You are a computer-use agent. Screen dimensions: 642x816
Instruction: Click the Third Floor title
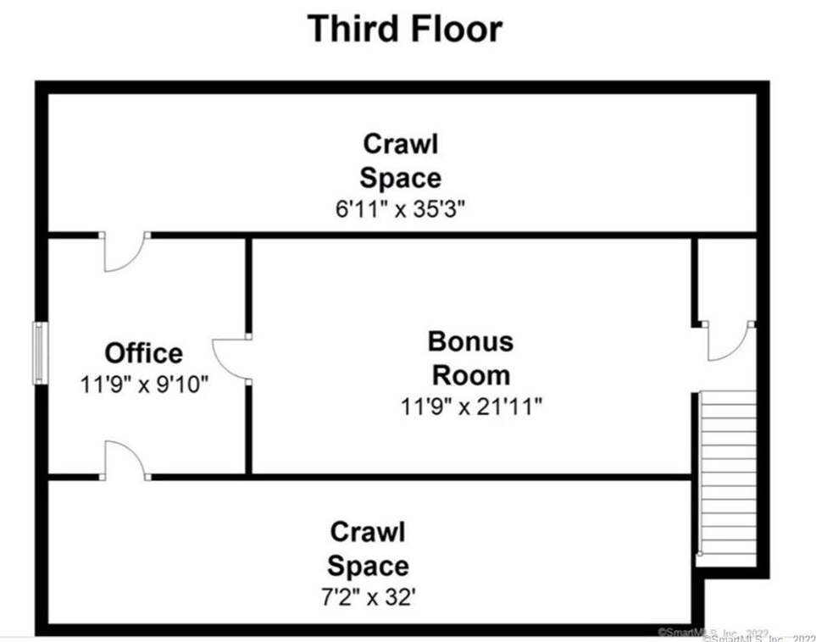pos(404,28)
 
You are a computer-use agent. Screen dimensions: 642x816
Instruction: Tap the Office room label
pos(143,352)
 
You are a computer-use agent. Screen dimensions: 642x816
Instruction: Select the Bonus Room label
pos(470,357)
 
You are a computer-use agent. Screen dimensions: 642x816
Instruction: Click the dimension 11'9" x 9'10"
pos(144,384)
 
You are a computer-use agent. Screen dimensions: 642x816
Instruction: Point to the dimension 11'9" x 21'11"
pos(471,407)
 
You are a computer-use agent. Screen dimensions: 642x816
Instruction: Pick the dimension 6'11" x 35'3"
pos(400,209)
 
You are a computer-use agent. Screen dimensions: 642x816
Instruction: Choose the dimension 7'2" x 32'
pos(368,597)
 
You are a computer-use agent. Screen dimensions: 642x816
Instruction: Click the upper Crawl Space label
pos(400,161)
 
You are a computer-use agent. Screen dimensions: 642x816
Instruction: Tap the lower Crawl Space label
pos(368,549)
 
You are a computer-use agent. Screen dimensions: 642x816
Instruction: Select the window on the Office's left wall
pos(39,352)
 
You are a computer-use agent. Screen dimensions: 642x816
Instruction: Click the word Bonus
pos(470,341)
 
